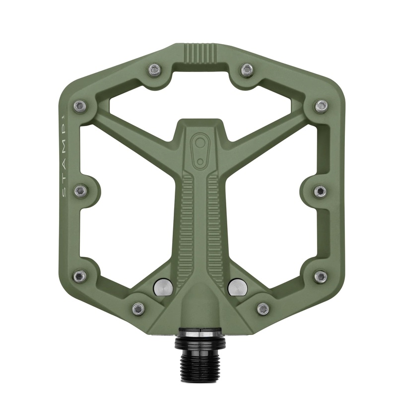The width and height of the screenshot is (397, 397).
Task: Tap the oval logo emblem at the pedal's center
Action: (200, 147)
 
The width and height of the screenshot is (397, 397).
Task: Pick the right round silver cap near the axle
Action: (237, 286)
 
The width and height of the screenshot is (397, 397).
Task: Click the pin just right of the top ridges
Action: (247, 70)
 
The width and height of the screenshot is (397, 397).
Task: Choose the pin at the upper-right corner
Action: (321, 106)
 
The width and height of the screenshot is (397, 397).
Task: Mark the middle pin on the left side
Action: (80, 191)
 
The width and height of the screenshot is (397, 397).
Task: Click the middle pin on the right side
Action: (320, 191)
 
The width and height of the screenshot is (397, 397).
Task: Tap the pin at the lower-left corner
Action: (80, 276)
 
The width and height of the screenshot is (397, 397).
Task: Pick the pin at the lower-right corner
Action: (321, 276)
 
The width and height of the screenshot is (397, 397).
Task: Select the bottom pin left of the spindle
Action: (138, 309)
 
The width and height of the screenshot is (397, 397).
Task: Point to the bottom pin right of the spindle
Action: (263, 309)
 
